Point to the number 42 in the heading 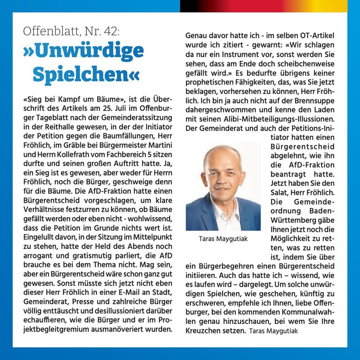[110, 31]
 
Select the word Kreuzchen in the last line [205, 331]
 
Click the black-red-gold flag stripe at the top [270, 6]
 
